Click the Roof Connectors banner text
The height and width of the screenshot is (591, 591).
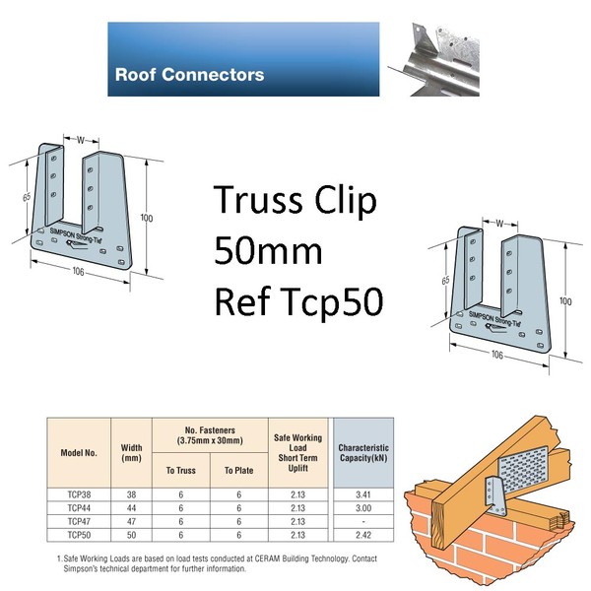[x=189, y=74]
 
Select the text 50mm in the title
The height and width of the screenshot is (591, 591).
[x=269, y=252]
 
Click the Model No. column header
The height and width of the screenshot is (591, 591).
[x=80, y=456]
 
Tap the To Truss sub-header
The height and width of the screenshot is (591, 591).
[x=180, y=471]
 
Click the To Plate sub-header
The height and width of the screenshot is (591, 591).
[x=237, y=471]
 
